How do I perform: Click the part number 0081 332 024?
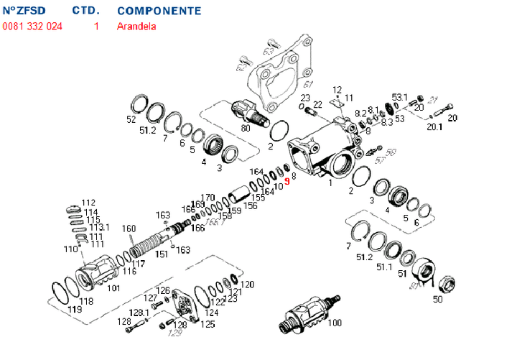point(32,27)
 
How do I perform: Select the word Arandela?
point(136,27)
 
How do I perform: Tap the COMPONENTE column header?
point(159,11)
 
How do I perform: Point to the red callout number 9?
point(287,182)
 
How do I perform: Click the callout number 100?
point(335,323)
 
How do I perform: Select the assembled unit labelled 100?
point(305,315)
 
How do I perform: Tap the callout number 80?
point(246,129)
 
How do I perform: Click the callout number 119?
point(75,310)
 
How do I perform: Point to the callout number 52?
point(131,119)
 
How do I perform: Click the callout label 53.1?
point(399,97)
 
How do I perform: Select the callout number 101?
point(113,288)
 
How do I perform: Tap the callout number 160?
point(128,229)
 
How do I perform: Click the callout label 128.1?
point(139,313)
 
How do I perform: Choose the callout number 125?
point(208,324)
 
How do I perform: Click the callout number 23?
point(305,98)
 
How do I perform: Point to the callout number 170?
point(208,197)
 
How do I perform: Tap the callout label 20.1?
point(435,126)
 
